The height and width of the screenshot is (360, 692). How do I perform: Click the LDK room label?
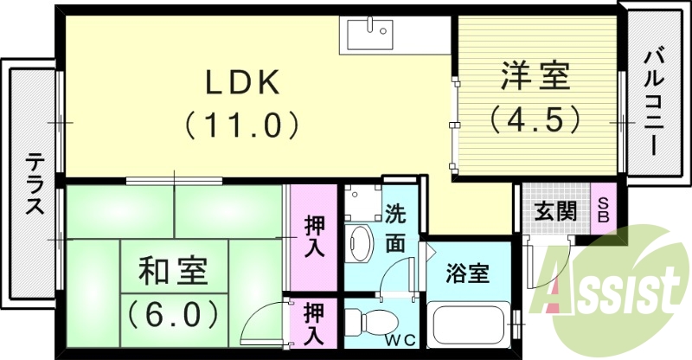tap(241, 83)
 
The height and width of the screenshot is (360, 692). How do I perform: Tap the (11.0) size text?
tap(241, 126)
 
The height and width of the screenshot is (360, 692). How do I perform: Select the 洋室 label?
tap(535, 76)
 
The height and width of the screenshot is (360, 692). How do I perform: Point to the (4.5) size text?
tap(535, 119)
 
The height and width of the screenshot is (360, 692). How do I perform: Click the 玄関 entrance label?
tap(554, 210)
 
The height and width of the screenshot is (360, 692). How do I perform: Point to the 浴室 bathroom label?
tap(467, 274)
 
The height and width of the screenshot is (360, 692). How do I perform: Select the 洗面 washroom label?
tap(395, 228)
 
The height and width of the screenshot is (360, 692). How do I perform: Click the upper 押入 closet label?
tap(312, 235)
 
